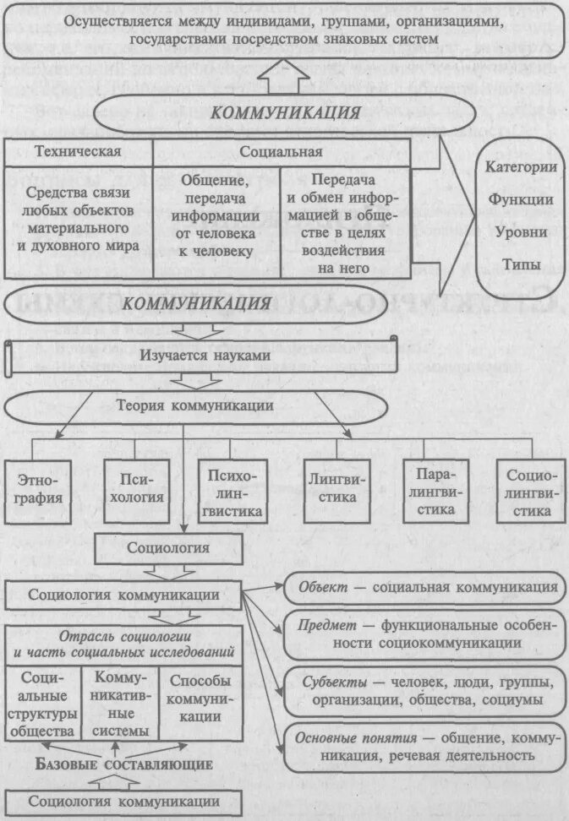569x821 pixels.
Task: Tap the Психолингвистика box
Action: click(233, 489)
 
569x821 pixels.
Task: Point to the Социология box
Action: click(168, 548)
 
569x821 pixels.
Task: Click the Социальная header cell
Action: click(281, 152)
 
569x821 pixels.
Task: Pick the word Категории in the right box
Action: click(521, 167)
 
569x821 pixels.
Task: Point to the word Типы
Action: click(521, 264)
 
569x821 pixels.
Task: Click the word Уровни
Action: click(521, 231)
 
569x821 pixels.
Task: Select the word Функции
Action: click(521, 199)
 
